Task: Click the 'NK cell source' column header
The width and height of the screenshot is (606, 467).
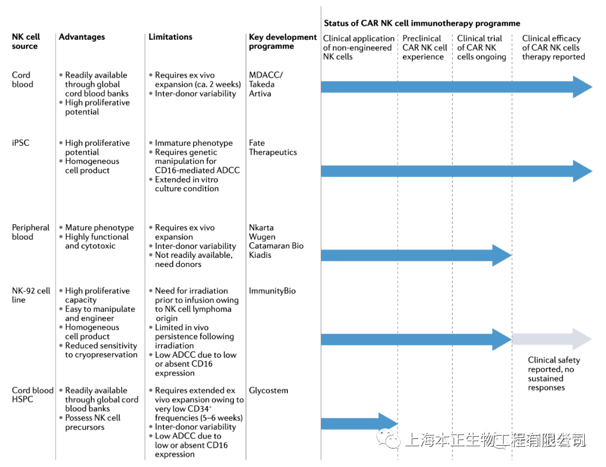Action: tap(26, 41)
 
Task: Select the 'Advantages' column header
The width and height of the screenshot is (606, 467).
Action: tap(82, 37)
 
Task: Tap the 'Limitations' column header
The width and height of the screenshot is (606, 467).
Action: tap(171, 37)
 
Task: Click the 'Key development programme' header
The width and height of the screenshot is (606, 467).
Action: tap(283, 41)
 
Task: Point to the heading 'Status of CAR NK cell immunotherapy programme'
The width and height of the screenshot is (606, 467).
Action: tap(422, 24)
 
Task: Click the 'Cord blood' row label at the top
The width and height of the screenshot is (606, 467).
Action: tap(22, 80)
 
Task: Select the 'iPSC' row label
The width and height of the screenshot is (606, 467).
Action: tap(21, 143)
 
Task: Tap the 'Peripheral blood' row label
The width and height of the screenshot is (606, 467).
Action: tap(31, 232)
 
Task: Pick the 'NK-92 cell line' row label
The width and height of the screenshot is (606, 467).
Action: tap(31, 295)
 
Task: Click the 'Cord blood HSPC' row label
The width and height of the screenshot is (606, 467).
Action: tap(33, 395)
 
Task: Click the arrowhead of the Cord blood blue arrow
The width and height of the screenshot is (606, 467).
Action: tap(582, 86)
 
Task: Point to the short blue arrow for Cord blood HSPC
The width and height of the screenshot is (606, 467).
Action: tap(359, 424)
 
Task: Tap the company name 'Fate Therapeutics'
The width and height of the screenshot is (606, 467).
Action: tap(273, 147)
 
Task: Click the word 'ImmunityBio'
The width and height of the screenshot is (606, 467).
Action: tap(272, 291)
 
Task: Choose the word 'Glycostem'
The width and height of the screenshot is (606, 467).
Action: tap(269, 391)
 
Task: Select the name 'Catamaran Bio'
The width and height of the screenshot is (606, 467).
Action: tap(276, 246)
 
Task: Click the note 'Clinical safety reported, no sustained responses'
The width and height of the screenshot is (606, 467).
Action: tap(554, 374)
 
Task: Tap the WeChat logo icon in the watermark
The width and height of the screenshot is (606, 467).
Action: tap(388, 440)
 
